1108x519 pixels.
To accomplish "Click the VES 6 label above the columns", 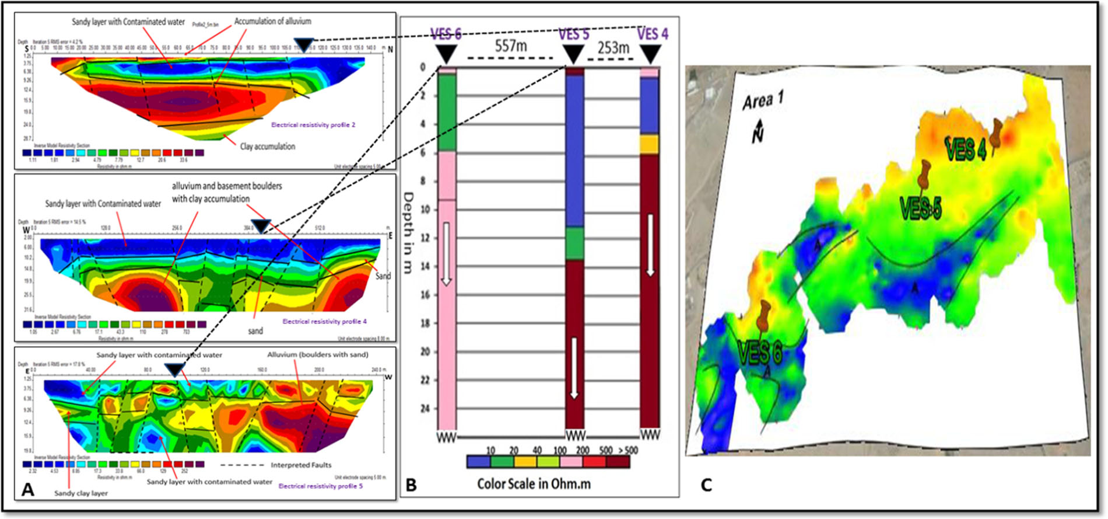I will (x=446, y=34).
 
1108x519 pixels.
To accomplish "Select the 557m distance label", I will (x=510, y=46).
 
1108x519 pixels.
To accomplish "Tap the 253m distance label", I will (x=613, y=47).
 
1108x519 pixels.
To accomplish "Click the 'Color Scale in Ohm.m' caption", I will (x=534, y=484).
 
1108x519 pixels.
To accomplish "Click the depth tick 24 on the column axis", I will (x=424, y=408).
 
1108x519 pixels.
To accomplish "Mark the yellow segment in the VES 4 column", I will (x=649, y=144).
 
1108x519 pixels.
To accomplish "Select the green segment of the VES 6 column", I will (x=447, y=112).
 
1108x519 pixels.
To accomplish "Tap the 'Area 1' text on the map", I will (x=763, y=101).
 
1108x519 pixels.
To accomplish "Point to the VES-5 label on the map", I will (x=921, y=208).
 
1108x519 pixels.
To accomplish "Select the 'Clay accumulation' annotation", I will (x=268, y=147).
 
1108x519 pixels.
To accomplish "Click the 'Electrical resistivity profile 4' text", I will (x=324, y=321).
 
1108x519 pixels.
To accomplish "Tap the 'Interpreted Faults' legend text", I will (x=301, y=465).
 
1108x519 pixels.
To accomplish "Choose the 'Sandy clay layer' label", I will (x=81, y=493).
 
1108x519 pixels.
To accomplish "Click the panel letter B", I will (x=411, y=485).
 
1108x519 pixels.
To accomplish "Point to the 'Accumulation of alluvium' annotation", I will (x=272, y=21).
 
